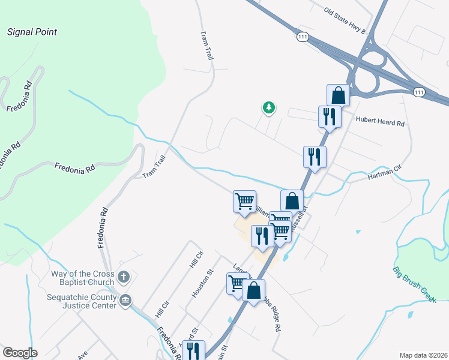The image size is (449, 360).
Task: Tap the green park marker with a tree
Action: coord(269,108)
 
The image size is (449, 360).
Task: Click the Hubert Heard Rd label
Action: coord(381,122)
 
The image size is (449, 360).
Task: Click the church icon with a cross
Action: coord(124,277)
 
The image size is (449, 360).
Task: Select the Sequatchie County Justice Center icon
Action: coord(125,301)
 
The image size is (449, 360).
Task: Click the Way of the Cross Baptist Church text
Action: coord(82,278)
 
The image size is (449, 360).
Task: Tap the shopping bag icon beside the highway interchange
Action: coord(339,95)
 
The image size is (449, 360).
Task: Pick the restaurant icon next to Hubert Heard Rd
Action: coord(330,116)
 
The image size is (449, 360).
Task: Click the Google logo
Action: coord(20,352)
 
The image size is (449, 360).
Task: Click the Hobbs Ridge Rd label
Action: coord(277,316)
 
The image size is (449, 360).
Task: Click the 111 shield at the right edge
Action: coord(419,92)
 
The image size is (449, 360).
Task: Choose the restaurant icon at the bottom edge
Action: coord(193,351)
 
